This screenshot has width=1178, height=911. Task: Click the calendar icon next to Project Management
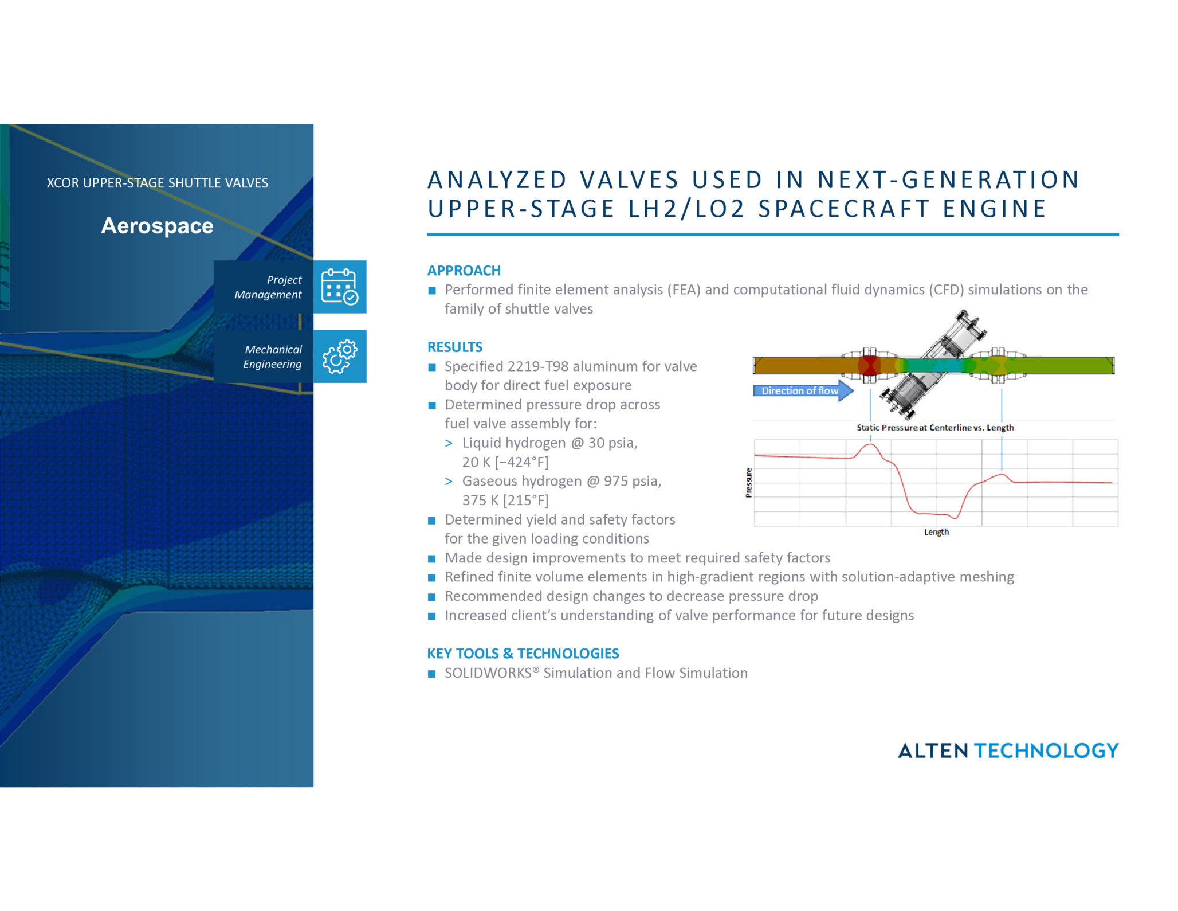[339, 287]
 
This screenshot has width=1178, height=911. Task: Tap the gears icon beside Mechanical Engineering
[339, 357]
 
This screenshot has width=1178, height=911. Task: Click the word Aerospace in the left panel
[157, 226]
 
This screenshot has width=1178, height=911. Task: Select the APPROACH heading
[464, 271]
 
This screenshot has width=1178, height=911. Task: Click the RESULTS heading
[454, 347]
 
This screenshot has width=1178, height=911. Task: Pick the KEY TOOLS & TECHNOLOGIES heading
[523, 654]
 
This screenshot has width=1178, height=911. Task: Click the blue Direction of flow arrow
[802, 391]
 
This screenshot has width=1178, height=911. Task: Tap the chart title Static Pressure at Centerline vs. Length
[934, 428]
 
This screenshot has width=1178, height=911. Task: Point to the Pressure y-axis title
[748, 483]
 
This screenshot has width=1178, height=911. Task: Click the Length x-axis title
[936, 532]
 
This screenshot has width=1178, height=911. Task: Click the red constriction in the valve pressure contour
[869, 365]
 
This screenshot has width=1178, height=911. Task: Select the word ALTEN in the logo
[933, 751]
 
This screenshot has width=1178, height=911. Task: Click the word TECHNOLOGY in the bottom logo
[1046, 751]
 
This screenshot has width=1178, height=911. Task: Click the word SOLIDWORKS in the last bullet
[488, 673]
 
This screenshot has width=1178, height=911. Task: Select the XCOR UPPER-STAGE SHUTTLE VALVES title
[157, 183]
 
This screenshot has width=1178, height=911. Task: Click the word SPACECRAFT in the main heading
[844, 209]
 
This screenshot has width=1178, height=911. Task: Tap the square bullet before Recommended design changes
[432, 597]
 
